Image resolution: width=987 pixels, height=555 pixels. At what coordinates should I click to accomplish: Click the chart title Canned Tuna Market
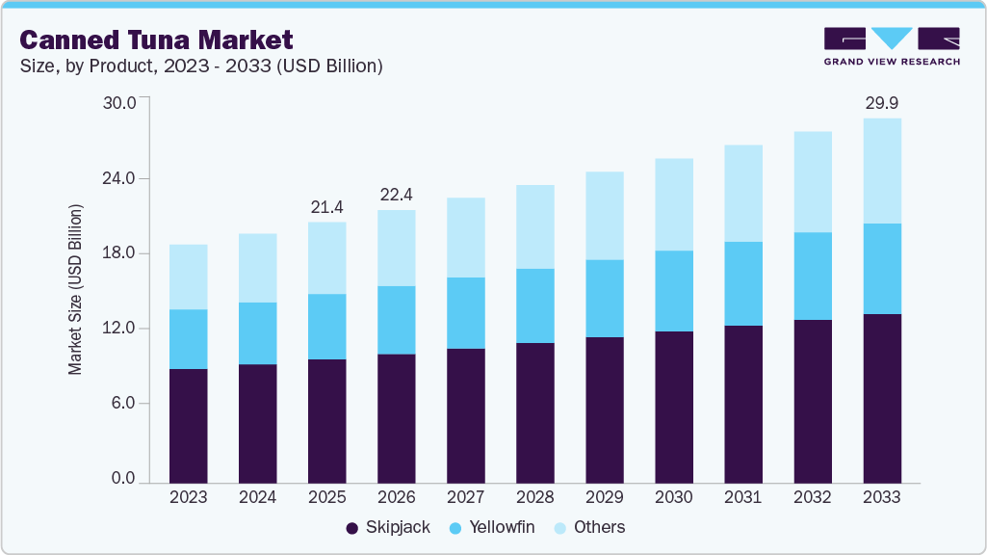pyautogui.click(x=157, y=40)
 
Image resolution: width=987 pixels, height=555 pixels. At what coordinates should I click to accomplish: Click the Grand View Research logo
pyautogui.click(x=892, y=46)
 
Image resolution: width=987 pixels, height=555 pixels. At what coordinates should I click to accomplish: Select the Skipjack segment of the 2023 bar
pyautogui.click(x=188, y=425)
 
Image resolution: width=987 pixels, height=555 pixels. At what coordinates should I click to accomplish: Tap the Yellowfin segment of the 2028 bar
pyautogui.click(x=534, y=305)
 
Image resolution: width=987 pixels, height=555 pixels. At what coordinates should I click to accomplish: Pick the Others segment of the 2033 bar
pyautogui.click(x=882, y=171)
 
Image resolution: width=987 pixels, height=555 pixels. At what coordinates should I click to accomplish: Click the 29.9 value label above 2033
pyautogui.click(x=882, y=102)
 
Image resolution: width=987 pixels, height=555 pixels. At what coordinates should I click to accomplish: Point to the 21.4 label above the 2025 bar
pyautogui.click(x=326, y=206)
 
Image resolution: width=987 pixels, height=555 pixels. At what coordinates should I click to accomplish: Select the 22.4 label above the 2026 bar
pyautogui.click(x=396, y=194)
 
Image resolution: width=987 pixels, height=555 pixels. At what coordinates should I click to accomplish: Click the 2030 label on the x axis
pyautogui.click(x=673, y=497)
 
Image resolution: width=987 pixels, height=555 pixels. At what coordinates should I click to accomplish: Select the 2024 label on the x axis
pyautogui.click(x=257, y=497)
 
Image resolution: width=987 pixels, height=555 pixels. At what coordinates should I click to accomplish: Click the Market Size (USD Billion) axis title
pyautogui.click(x=75, y=289)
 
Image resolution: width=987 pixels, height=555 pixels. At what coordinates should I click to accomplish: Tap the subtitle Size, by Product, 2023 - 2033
pyautogui.click(x=201, y=66)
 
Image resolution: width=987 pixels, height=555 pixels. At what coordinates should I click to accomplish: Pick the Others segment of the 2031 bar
pyautogui.click(x=742, y=193)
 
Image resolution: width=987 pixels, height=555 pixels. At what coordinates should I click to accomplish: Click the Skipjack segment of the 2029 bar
pyautogui.click(x=604, y=410)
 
